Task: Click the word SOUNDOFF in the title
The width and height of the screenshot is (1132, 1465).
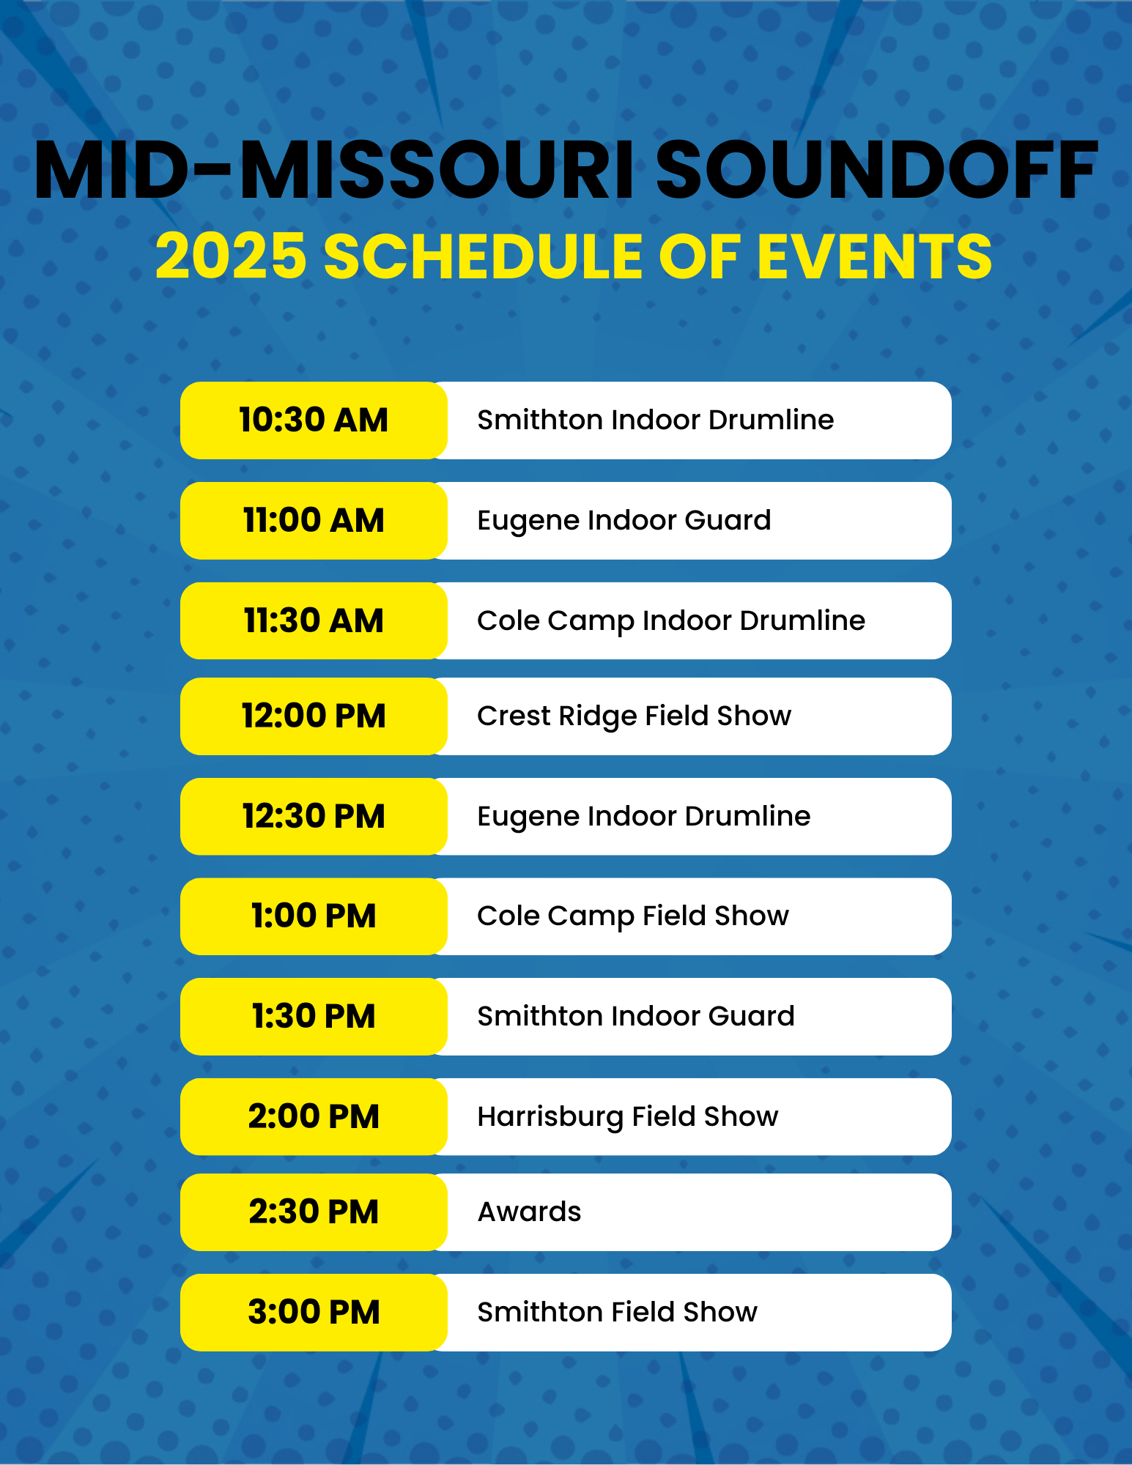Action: [x=876, y=171]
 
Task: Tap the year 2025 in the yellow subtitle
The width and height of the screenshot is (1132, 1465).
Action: [x=231, y=256]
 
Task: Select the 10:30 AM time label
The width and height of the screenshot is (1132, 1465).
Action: [x=314, y=420]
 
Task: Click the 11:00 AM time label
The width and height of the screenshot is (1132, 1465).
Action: [x=314, y=521]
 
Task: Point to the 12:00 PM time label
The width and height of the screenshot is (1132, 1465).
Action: [x=314, y=716]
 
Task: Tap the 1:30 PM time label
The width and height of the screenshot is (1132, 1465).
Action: [x=314, y=1017]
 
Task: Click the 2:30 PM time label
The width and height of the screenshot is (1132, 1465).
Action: [x=314, y=1212]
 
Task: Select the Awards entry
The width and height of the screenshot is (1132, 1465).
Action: [x=529, y=1212]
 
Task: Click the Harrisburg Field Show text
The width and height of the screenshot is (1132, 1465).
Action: [x=627, y=1117]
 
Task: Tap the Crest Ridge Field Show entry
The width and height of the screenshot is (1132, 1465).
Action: [x=634, y=716]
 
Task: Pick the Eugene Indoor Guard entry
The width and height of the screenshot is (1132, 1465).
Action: [x=624, y=521]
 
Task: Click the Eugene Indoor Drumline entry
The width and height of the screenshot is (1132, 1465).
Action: [x=643, y=817]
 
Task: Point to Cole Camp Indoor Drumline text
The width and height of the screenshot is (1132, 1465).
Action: [x=670, y=621]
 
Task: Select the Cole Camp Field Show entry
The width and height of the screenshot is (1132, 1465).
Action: [x=632, y=916]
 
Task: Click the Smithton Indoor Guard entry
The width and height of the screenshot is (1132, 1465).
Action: [x=635, y=1017]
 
